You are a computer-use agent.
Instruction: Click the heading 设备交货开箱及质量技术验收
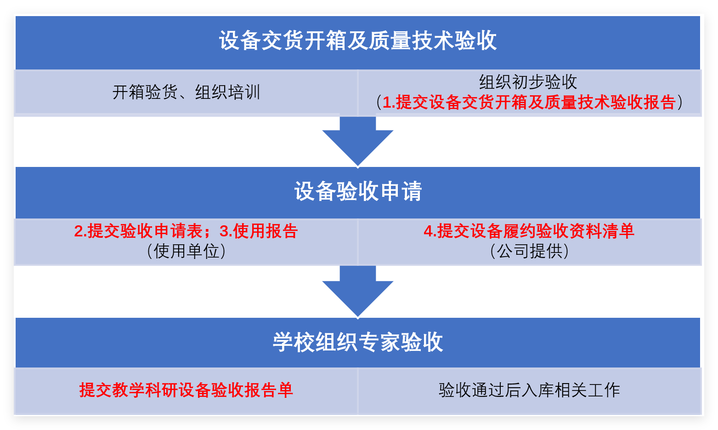(358, 40)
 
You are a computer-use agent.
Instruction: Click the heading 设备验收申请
(358, 191)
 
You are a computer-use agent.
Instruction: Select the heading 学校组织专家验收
(358, 342)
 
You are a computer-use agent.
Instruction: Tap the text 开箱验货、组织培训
(186, 92)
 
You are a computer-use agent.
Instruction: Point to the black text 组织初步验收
(528, 82)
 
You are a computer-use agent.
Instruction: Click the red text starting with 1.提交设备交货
(529, 102)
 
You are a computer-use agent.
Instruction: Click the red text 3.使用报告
(259, 231)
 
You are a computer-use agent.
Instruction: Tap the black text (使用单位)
(186, 251)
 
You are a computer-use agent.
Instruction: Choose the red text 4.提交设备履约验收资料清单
(529, 231)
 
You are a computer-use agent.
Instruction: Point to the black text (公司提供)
(529, 251)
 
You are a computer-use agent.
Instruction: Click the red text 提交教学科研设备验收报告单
(186, 390)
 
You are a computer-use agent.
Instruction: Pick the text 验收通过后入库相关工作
(529, 390)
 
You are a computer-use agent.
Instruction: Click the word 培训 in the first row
(244, 92)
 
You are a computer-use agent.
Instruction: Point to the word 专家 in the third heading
(379, 342)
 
